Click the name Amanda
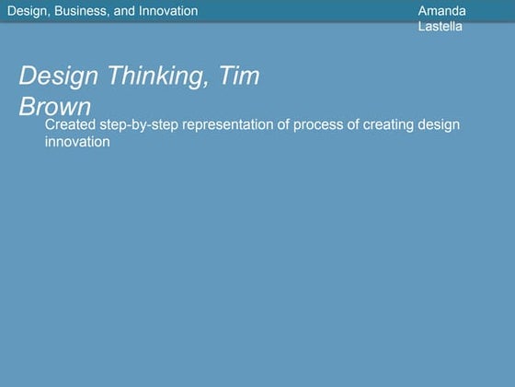point(441,11)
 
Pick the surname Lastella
point(440,27)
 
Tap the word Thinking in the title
point(160,77)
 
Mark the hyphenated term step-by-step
point(139,125)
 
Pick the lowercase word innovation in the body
point(78,142)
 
